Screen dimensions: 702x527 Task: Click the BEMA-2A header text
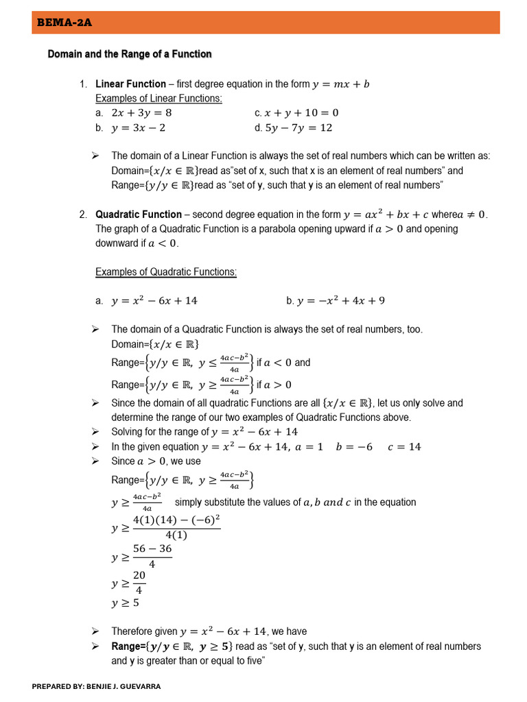[63, 23]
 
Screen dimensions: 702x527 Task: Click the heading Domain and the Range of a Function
[130, 54]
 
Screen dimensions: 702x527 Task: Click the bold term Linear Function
[130, 84]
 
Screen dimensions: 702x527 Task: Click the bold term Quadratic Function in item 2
[139, 215]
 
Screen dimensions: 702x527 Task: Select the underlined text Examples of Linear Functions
[159, 98]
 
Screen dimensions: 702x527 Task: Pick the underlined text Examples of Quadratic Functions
[166, 272]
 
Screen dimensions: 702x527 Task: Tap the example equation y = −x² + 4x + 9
[340, 300]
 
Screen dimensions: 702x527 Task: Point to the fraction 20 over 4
[139, 583]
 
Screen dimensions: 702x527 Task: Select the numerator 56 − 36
[152, 549]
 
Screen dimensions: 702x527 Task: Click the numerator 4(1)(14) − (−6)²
[176, 520]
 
